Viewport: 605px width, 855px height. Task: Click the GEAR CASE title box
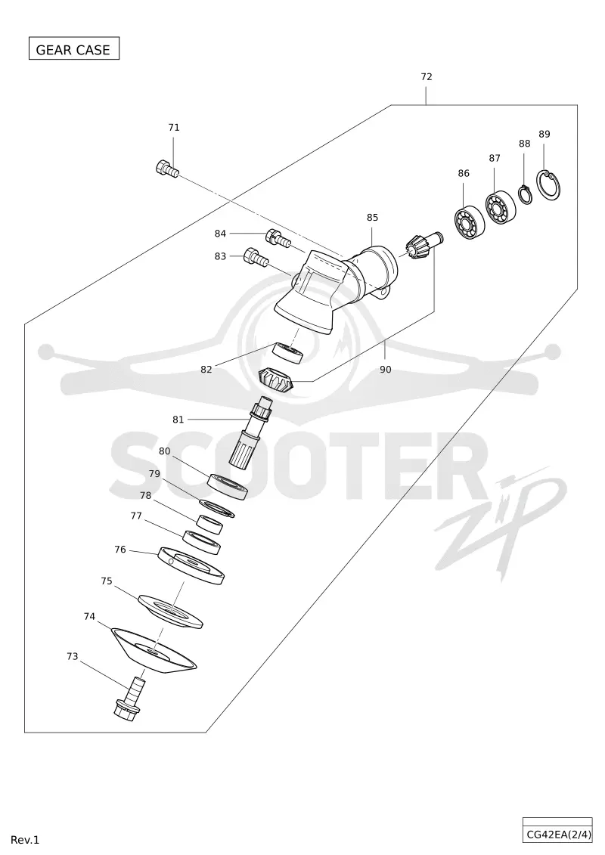(x=73, y=49)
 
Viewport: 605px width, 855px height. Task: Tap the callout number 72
(x=427, y=77)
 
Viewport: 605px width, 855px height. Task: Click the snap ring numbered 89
(x=549, y=185)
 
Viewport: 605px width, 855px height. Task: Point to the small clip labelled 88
(x=525, y=195)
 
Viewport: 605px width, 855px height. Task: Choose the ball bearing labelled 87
(x=501, y=208)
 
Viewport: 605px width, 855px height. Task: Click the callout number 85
(x=372, y=218)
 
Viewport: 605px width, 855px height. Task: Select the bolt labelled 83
(x=256, y=257)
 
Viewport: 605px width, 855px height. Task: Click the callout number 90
(x=385, y=370)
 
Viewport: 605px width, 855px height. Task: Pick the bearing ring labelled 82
(x=289, y=353)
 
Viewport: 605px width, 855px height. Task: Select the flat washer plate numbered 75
(x=171, y=612)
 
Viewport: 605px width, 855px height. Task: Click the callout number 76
(x=120, y=550)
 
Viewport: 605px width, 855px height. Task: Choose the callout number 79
(x=154, y=474)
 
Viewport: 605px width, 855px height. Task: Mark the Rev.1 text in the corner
(x=25, y=841)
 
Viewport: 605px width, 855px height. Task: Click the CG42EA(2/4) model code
(x=557, y=835)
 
